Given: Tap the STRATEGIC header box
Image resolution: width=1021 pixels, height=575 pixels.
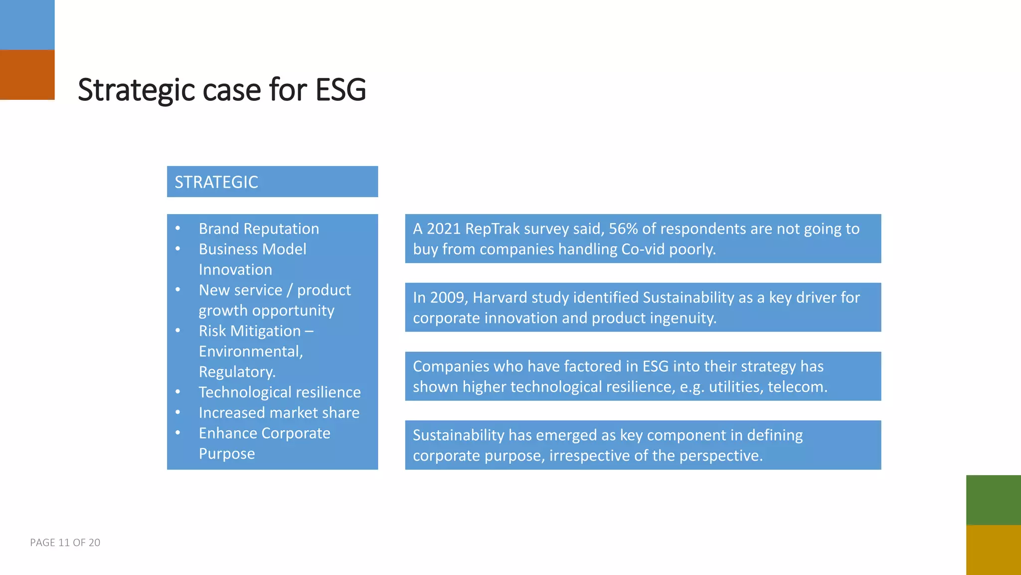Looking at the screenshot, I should pos(272,182).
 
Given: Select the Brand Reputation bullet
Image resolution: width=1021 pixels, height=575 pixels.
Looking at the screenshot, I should pos(259,229).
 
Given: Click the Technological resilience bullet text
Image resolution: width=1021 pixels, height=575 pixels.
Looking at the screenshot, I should pos(279,392).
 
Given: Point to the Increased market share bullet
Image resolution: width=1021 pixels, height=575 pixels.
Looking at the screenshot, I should pos(279,413).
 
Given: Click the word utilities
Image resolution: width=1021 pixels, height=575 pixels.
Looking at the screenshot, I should pos(735,387).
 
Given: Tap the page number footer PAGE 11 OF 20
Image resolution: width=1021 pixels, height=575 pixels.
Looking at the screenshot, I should pos(65,543).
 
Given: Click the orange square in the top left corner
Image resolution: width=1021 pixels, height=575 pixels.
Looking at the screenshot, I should pos(27,75).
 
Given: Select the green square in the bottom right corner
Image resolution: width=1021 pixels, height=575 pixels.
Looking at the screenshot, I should pos(993,500).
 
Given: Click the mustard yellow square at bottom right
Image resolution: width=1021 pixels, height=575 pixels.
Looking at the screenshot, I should pos(993,550).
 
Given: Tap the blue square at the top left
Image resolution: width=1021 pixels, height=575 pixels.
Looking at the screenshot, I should pos(27,25).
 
